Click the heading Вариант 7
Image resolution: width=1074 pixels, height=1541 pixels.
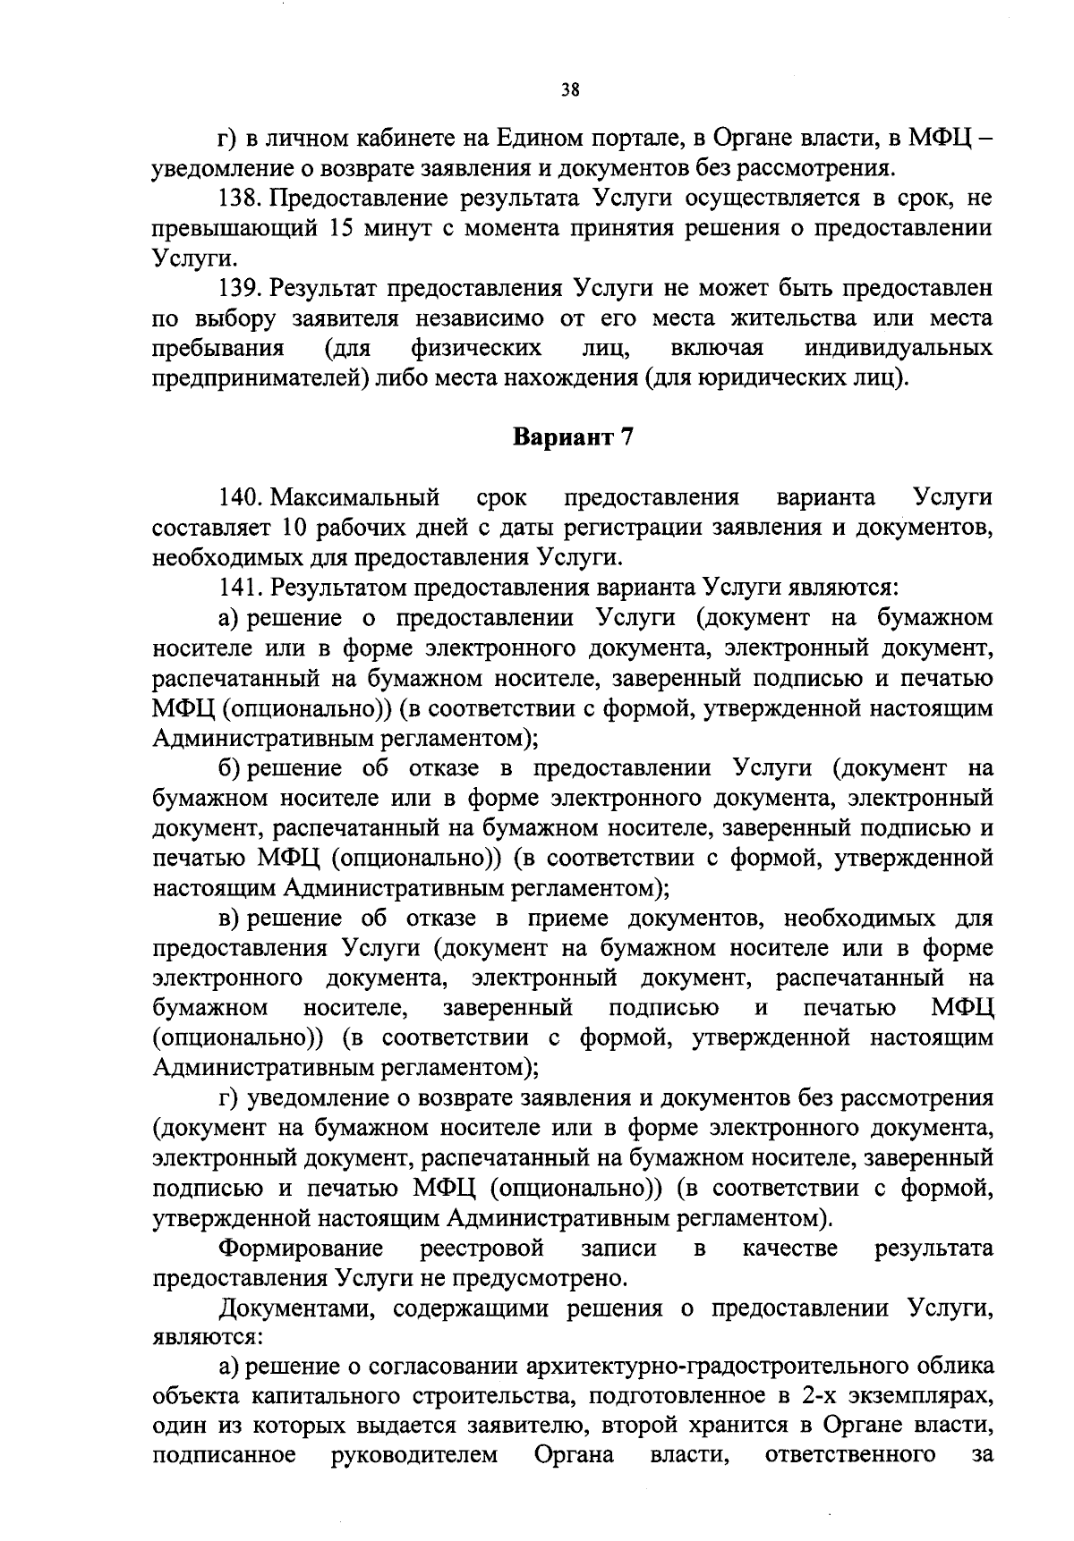573,437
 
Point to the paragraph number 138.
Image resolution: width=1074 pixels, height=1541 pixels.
241,198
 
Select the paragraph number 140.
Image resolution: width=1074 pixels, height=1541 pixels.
241,496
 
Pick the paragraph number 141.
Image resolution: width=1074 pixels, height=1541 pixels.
241,588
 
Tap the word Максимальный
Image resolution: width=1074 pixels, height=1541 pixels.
355,496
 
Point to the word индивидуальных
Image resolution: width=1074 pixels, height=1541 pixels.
898,348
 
